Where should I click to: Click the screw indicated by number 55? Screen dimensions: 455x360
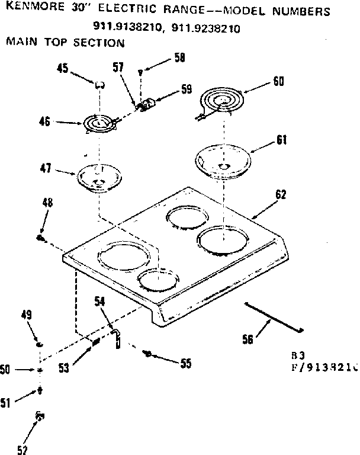(x=149, y=354)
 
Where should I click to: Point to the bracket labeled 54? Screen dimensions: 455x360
(x=117, y=338)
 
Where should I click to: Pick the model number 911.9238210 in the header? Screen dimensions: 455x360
(x=205, y=27)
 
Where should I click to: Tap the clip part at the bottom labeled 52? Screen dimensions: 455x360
(x=40, y=417)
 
